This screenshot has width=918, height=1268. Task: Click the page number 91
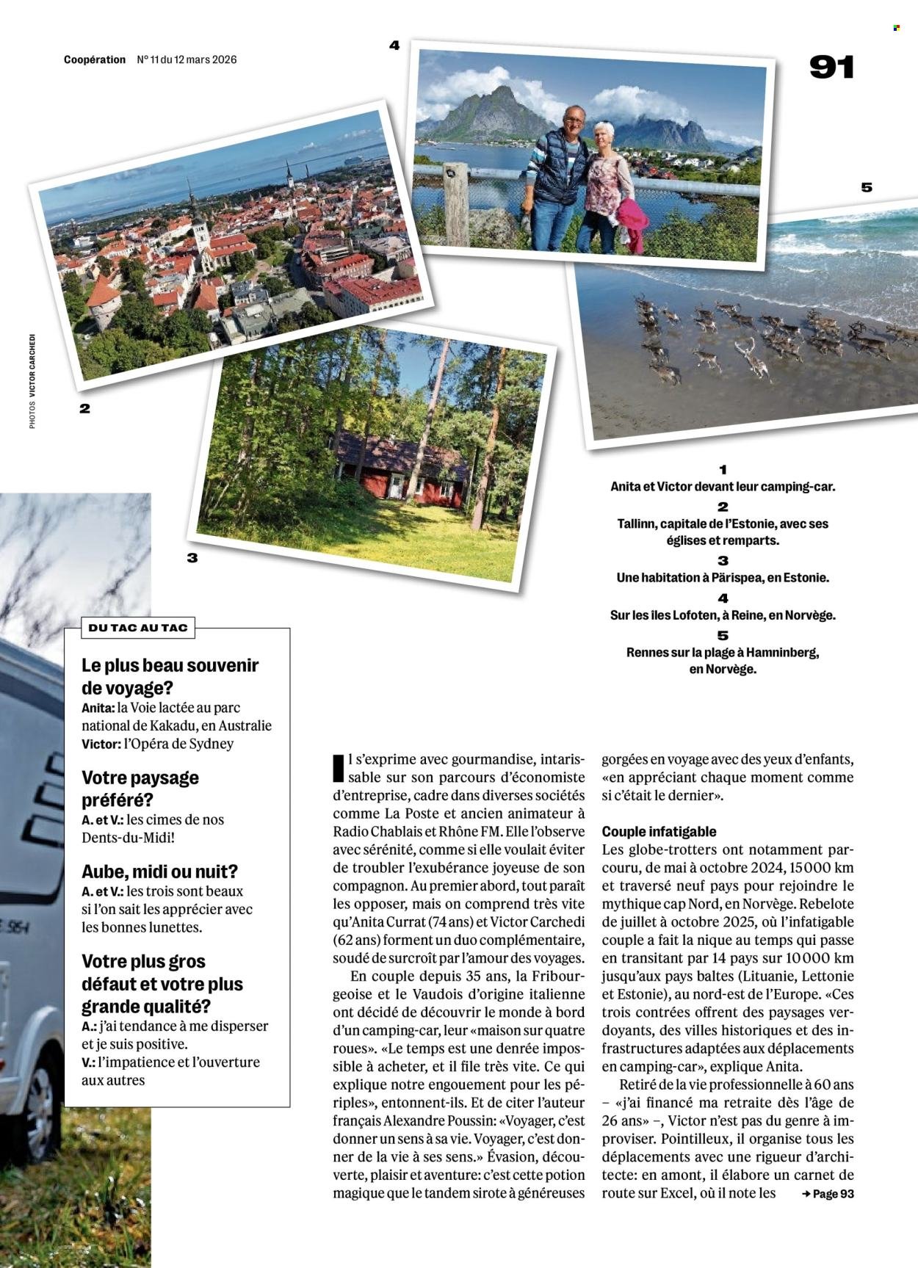831,68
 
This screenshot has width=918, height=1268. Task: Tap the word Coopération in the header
95,59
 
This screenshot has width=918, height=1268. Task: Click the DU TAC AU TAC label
138,628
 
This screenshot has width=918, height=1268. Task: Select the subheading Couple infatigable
659,831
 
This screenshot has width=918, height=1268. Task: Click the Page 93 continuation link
828,1193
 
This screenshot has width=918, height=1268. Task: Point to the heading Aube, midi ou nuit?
159,872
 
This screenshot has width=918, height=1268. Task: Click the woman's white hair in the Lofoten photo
604,129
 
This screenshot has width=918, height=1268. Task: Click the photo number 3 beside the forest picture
192,558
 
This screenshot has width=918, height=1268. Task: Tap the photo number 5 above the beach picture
867,187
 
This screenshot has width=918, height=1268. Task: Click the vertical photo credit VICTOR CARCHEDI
32,365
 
